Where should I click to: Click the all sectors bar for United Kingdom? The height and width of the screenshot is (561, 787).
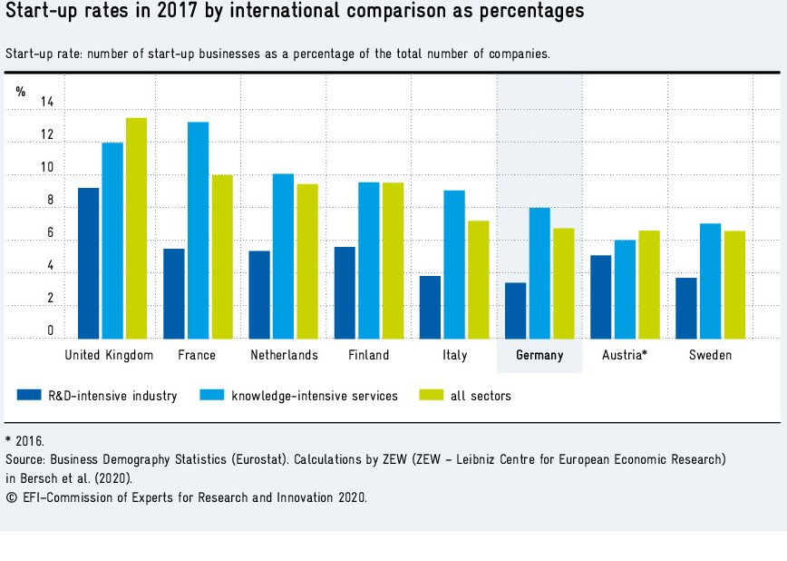136,228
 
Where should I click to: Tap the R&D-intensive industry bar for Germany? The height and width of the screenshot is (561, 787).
515,310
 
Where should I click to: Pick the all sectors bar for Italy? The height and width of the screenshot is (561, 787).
478,280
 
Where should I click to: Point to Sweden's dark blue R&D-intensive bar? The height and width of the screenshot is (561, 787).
686,308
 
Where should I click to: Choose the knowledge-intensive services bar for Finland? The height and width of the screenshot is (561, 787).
368,261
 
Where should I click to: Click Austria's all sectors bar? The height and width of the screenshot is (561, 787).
649,284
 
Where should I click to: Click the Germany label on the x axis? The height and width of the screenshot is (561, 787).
539,355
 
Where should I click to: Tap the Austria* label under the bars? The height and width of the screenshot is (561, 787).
625,355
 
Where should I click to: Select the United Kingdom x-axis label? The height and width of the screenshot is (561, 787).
110,355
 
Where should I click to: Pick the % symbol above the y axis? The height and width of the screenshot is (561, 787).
21,92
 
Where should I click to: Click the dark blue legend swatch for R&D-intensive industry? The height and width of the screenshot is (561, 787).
29,395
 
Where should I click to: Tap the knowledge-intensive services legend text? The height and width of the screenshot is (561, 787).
314,396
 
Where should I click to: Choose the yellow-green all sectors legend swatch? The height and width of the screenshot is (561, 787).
430,395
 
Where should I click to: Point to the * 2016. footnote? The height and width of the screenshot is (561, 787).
24,440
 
